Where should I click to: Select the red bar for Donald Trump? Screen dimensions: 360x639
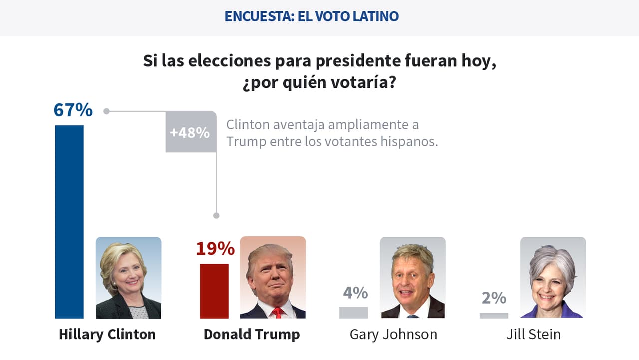click(214, 291)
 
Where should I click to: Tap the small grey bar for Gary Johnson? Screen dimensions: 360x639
click(353, 313)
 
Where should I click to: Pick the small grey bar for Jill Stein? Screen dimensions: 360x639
click(494, 315)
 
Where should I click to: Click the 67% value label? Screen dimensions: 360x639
click(73, 110)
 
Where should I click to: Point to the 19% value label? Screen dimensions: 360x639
click(215, 248)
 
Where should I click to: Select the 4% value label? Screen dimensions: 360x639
click(355, 292)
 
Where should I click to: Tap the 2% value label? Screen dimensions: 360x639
click(494, 298)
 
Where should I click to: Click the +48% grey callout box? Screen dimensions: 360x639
click(190, 132)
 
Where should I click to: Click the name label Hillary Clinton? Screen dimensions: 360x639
click(107, 334)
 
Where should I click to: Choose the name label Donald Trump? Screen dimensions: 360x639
click(252, 334)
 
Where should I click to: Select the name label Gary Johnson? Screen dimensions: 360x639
click(393, 334)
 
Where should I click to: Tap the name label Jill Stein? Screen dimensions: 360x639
click(533, 334)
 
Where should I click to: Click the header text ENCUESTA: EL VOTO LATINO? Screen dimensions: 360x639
click(312, 16)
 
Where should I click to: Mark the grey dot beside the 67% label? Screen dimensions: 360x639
click(106, 111)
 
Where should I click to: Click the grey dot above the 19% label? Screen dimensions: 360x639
click(216, 216)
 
